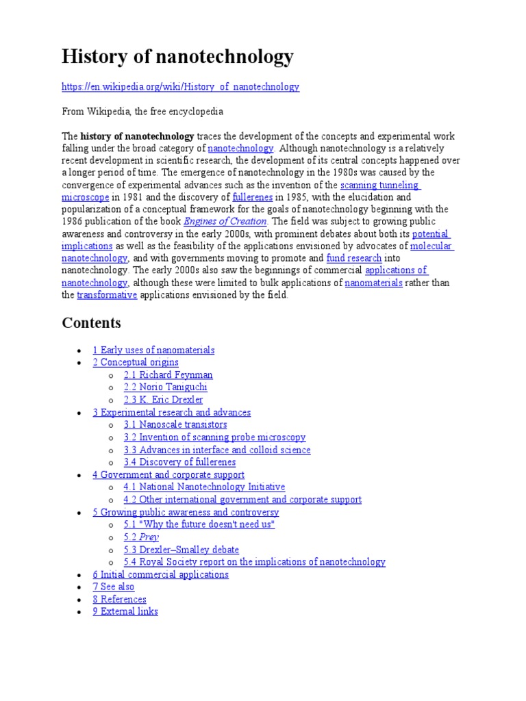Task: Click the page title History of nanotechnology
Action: pyautogui.click(x=177, y=56)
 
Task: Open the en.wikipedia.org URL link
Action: pyautogui.click(x=180, y=87)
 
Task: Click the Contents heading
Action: pyautogui.click(x=91, y=322)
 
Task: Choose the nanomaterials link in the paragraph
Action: pyautogui.click(x=373, y=283)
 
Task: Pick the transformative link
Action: pyautogui.click(x=107, y=295)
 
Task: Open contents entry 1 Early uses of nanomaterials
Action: pyautogui.click(x=153, y=350)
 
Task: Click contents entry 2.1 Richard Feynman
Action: pyautogui.click(x=168, y=375)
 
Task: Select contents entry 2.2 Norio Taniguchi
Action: pyautogui.click(x=165, y=387)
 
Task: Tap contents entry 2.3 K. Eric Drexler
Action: pyautogui.click(x=163, y=400)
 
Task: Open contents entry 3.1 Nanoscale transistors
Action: pyautogui.click(x=175, y=424)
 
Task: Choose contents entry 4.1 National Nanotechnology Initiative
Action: pyautogui.click(x=204, y=487)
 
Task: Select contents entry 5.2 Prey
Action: pyautogui.click(x=141, y=537)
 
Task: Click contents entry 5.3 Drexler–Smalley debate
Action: pyautogui.click(x=181, y=549)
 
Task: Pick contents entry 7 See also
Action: pyautogui.click(x=114, y=587)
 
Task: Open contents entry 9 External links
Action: pyautogui.click(x=125, y=611)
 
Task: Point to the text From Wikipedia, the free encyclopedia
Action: pyautogui.click(x=142, y=112)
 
